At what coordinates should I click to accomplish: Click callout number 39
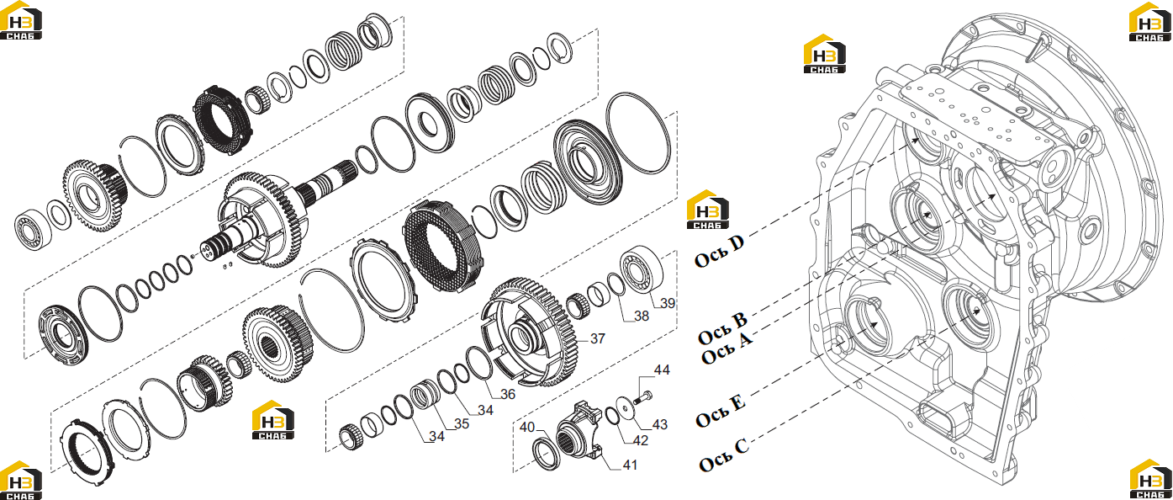pos(667,304)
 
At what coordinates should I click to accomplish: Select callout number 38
pos(642,316)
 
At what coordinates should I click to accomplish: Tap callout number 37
pos(598,339)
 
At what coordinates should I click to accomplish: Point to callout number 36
pos(508,394)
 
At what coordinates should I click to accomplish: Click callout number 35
pos(462,424)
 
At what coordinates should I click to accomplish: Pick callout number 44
pos(662,370)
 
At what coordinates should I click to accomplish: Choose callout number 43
pos(660,424)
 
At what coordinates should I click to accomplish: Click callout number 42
pos(641,441)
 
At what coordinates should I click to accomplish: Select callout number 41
pos(630,465)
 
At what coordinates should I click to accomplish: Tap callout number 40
pos(527,428)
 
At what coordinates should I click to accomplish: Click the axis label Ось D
pos(719,252)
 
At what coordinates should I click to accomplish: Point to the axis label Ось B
pos(722,328)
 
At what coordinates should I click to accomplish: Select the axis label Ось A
pos(727,348)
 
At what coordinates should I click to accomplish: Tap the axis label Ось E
pos(721,412)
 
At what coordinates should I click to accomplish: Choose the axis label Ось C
pos(724,455)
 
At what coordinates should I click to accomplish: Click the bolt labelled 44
pos(642,396)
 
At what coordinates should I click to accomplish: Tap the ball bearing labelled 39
pos(641,271)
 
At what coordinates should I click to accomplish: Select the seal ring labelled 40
pos(547,455)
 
